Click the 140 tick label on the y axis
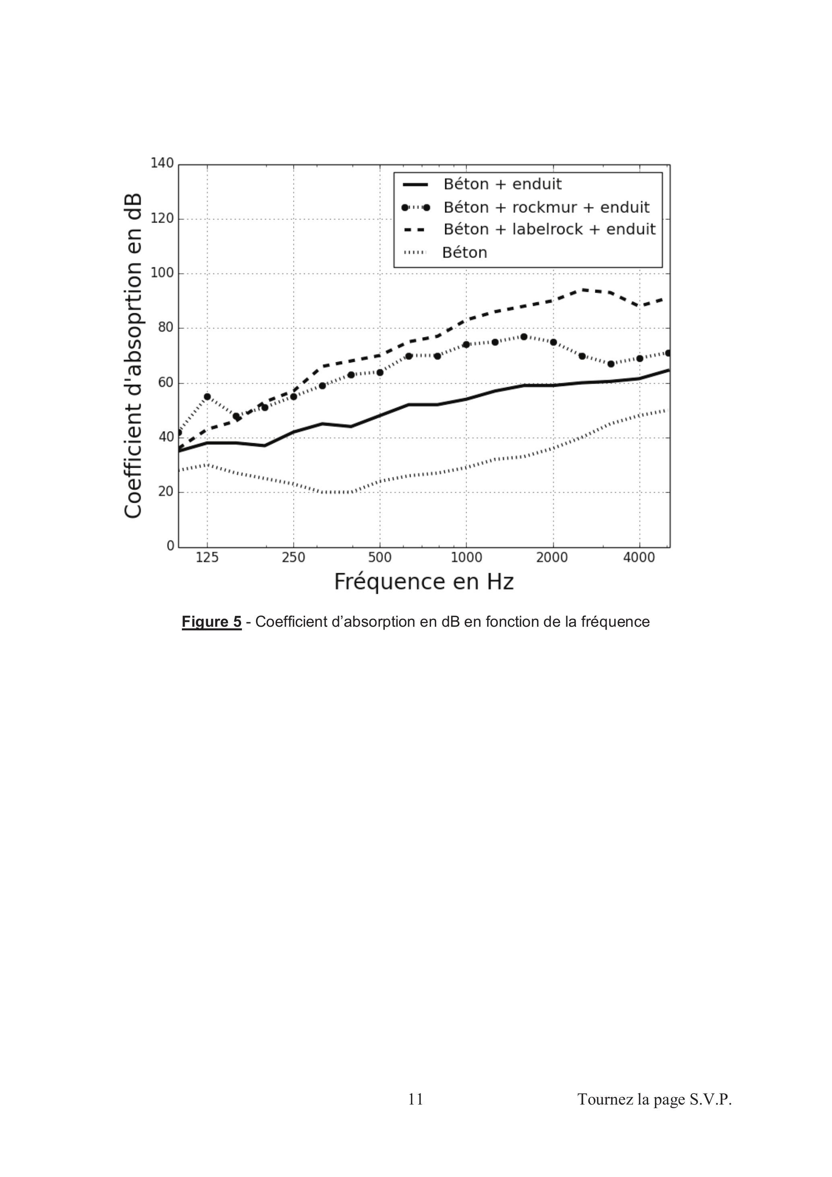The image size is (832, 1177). point(162,163)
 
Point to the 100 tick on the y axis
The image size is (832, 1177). point(162,273)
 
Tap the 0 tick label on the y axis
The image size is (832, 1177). point(170,546)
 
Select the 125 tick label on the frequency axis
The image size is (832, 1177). point(207,558)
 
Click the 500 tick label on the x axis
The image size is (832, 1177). point(379,558)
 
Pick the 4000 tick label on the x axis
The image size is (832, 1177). point(639,558)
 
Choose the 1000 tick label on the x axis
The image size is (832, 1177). point(466,558)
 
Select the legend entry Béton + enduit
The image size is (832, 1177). point(502,184)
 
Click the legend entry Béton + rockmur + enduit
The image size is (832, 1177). point(546,207)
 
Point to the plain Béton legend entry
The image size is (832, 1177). point(465,252)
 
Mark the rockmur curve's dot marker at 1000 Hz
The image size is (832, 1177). point(466,345)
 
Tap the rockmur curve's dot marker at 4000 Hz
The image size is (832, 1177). point(639,358)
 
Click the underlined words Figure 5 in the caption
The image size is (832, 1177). point(212,622)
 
